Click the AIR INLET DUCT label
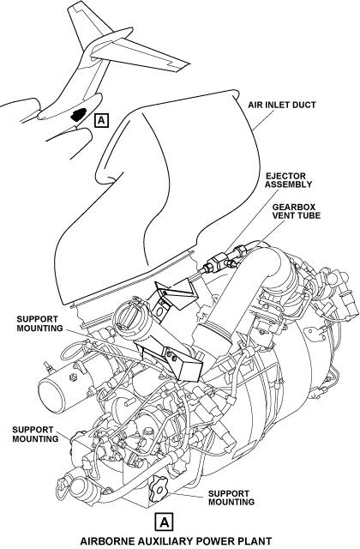coord(282,105)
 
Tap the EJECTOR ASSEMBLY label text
coord(288,180)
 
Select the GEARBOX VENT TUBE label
coord(297,211)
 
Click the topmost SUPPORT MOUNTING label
coord(40,323)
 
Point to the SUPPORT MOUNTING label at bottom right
coord(231,498)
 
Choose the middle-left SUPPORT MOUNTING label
coord(35,434)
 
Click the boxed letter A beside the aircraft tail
coord(101,120)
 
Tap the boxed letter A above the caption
coord(164,522)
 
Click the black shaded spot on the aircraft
coord(78,114)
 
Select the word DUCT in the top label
coord(304,105)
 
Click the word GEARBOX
coord(294,207)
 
